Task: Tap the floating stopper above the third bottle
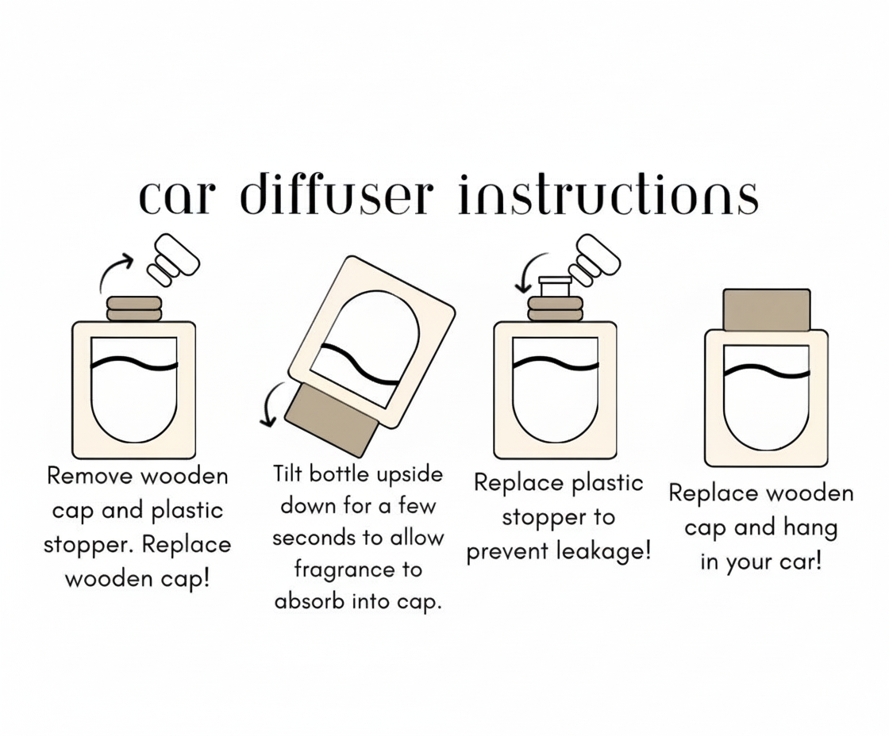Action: click(x=598, y=259)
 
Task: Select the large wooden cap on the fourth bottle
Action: click(x=766, y=310)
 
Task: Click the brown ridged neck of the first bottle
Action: click(x=134, y=309)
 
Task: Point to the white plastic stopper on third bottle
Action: click(x=555, y=285)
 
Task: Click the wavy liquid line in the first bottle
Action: click(x=134, y=366)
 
